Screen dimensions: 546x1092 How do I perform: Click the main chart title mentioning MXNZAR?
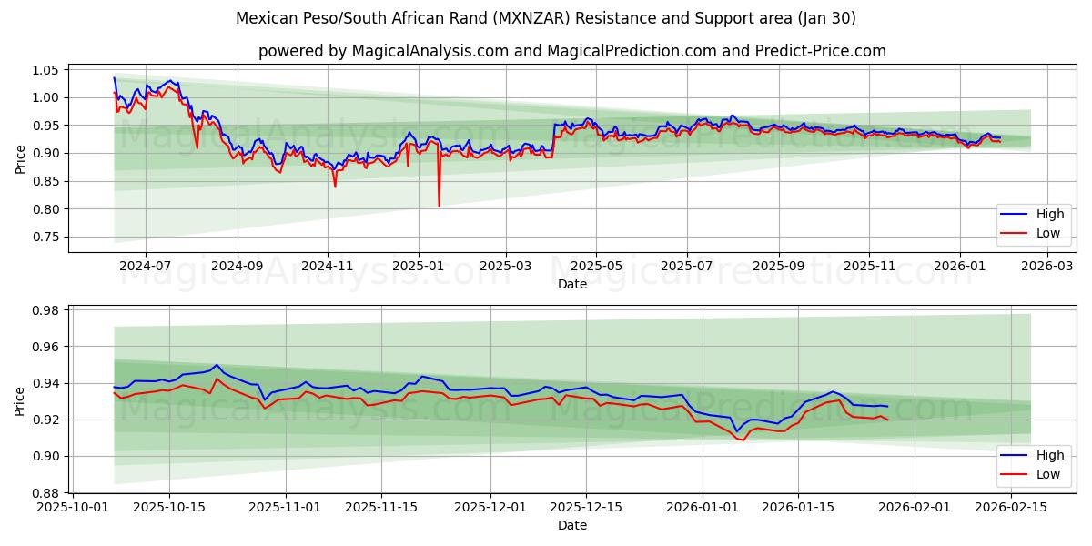pyautogui.click(x=546, y=18)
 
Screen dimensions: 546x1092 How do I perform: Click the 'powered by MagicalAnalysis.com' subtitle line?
pyautogui.click(x=571, y=51)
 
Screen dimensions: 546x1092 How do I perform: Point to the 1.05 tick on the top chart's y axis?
pyautogui.click(x=46, y=70)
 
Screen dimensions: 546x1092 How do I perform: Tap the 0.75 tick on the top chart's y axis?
pyautogui.click(x=46, y=237)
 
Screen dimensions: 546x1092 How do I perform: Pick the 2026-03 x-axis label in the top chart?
pyautogui.click(x=1047, y=268)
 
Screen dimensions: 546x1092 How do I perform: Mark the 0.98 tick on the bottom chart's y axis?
pyautogui.click(x=46, y=310)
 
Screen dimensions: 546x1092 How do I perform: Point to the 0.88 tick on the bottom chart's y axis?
pyautogui.click(x=46, y=493)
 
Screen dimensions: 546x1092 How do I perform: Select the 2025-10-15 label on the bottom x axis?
pyautogui.click(x=169, y=508)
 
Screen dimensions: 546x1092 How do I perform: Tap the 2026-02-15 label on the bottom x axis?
pyautogui.click(x=1011, y=508)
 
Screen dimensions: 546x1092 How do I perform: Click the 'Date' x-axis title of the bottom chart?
pyautogui.click(x=571, y=525)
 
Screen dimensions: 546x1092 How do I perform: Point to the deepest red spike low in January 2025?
pyautogui.click(x=439, y=206)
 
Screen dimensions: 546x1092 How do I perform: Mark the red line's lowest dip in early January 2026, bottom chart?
pyautogui.click(x=743, y=440)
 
